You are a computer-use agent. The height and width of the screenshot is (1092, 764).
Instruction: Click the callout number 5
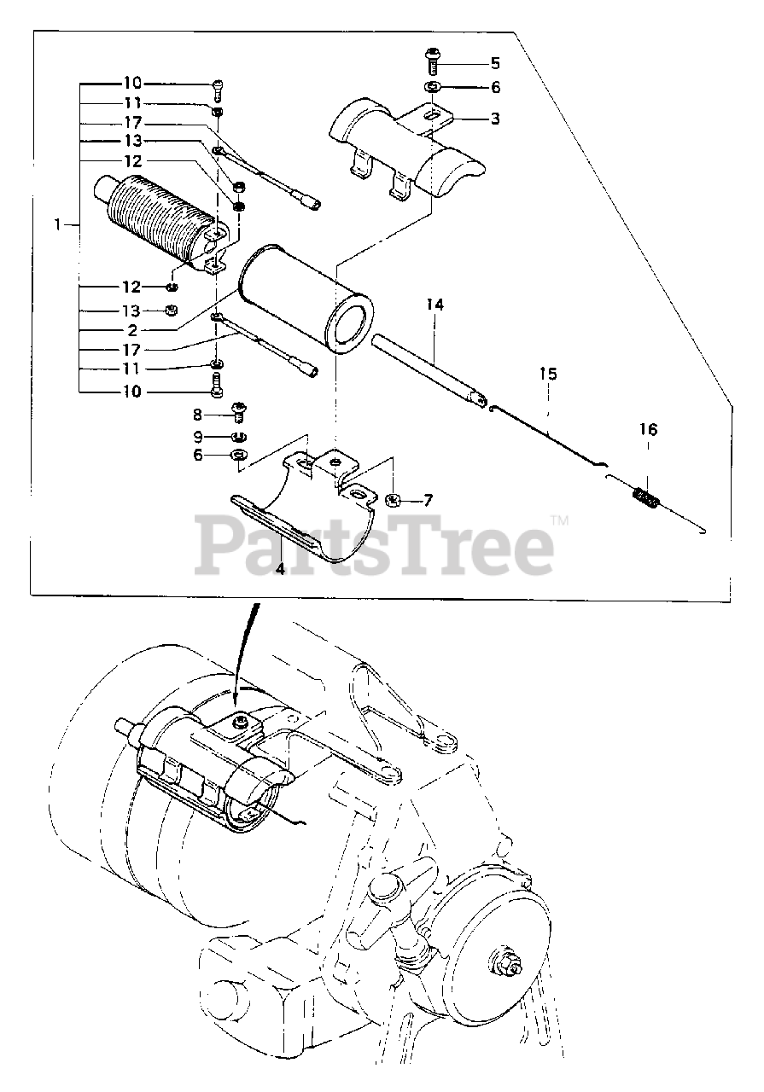(495, 63)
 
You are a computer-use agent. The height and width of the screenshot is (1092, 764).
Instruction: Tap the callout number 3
(495, 119)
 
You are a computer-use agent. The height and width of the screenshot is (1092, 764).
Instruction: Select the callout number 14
(435, 305)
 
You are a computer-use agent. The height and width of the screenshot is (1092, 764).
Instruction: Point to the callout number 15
(548, 374)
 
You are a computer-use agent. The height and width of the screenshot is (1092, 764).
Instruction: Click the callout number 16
(649, 429)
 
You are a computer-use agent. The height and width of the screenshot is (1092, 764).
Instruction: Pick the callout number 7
(428, 501)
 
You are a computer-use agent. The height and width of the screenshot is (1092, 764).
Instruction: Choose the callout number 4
(279, 568)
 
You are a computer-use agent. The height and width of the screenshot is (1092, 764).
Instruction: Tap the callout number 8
(197, 415)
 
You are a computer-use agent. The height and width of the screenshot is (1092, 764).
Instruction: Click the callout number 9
(197, 436)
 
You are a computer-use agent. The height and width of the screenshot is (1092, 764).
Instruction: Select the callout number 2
(132, 330)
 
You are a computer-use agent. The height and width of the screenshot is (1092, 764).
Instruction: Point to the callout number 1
(58, 225)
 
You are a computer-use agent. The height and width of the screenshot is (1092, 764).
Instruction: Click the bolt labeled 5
(432, 60)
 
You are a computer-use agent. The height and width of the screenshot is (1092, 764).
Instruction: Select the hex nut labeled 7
(394, 499)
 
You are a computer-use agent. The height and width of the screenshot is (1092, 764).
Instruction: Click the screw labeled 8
(239, 412)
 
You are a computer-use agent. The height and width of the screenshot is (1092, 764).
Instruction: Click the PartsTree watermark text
(375, 547)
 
